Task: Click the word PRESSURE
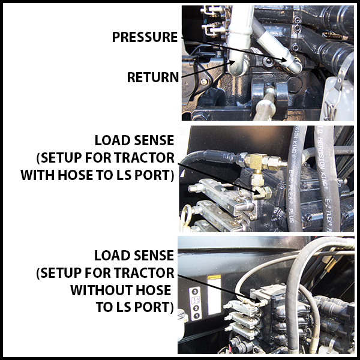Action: pos(145,37)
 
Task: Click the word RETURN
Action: pos(153,77)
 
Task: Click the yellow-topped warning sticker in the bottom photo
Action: pos(212,280)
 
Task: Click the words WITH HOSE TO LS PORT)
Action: pos(97,176)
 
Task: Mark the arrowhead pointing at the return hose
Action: pos(232,61)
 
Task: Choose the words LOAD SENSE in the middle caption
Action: pos(134,140)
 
